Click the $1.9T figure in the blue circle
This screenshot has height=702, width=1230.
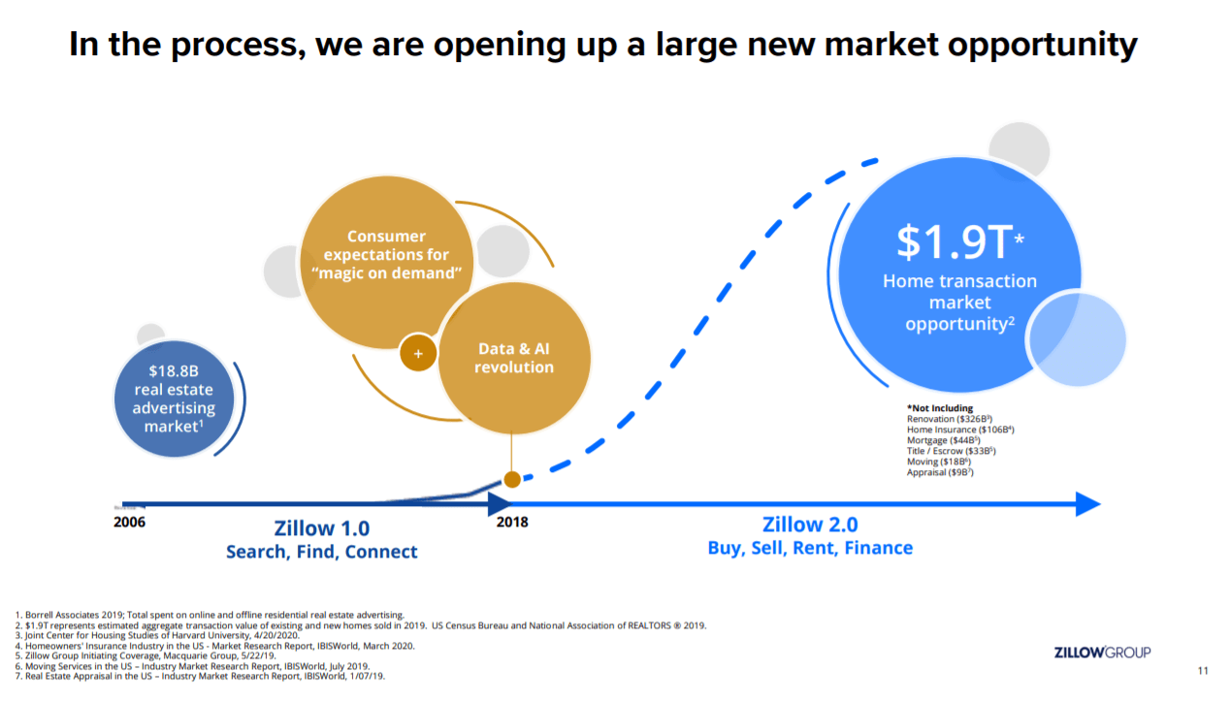click(x=953, y=241)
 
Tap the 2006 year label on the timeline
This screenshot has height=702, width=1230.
click(x=130, y=523)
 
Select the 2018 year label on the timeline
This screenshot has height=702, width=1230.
click(x=512, y=523)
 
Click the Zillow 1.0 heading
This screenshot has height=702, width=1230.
click(x=321, y=528)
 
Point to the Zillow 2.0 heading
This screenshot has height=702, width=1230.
click(x=810, y=525)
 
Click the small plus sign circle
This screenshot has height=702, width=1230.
click(x=418, y=354)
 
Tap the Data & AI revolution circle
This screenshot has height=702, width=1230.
click(x=515, y=358)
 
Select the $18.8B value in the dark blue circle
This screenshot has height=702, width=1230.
click(x=174, y=370)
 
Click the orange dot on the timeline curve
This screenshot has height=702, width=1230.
click(x=511, y=479)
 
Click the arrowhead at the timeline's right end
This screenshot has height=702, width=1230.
click(x=1087, y=504)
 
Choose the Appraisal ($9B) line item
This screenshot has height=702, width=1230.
click(x=940, y=472)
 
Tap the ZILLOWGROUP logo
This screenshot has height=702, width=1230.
click(x=1102, y=653)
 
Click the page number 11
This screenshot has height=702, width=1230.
click(x=1204, y=671)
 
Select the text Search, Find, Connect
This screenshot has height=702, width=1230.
click(x=321, y=552)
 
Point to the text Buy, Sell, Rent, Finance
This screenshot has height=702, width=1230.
click(x=810, y=548)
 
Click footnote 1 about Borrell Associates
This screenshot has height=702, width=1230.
click(x=210, y=615)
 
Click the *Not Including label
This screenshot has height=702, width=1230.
click(x=939, y=408)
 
